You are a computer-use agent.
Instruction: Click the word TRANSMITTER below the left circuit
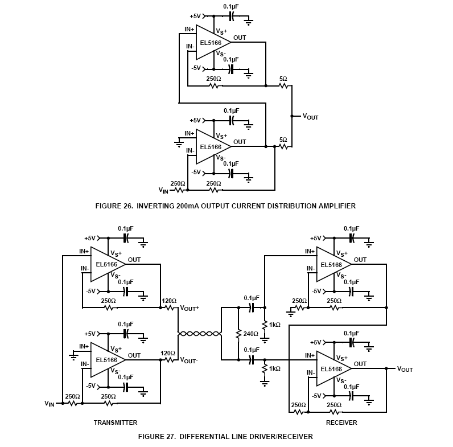pyautogui.click(x=116, y=423)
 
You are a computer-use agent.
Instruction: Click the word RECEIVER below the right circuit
pyautogui.click(x=341, y=423)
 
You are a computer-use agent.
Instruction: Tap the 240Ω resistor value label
pyautogui.click(x=250, y=334)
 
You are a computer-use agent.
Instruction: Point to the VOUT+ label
pyautogui.click(x=190, y=308)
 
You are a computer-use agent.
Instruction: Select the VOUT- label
pyautogui.click(x=190, y=360)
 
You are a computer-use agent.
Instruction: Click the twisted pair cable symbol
pyautogui.click(x=199, y=334)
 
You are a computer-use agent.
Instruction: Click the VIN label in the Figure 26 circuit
pyautogui.click(x=163, y=190)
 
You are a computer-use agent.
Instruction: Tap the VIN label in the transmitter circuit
pyautogui.click(x=50, y=403)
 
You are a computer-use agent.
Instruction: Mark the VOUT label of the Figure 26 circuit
pyautogui.click(x=310, y=117)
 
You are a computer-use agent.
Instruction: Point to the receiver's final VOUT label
pyautogui.click(x=405, y=369)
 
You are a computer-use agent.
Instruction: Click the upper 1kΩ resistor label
pyautogui.click(x=275, y=325)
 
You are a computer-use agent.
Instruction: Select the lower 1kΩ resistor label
pyautogui.click(x=275, y=369)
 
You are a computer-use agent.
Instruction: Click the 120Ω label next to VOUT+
pyautogui.click(x=169, y=301)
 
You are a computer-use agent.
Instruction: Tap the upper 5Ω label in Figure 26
pyautogui.click(x=283, y=79)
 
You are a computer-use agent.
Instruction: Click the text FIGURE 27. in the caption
pyautogui.click(x=157, y=437)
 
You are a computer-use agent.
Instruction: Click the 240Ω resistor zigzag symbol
pyautogui.click(x=237, y=334)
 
